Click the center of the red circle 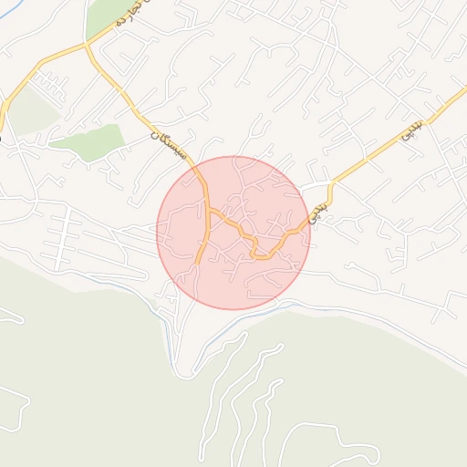[233, 233]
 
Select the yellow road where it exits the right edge [463, 91]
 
